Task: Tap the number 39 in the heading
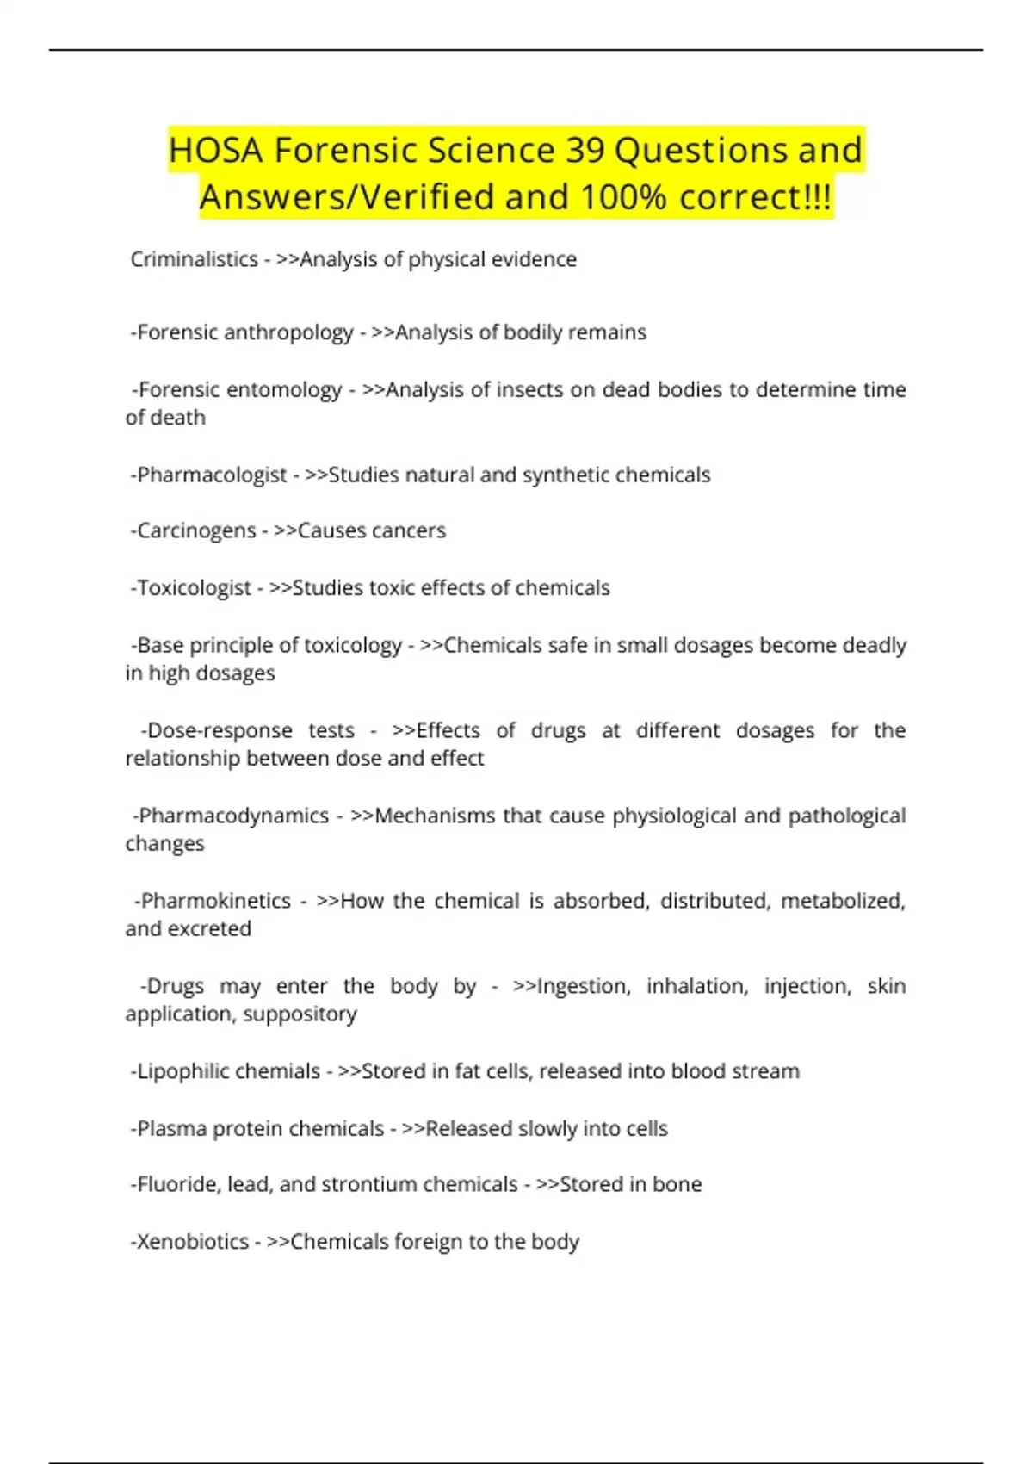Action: click(585, 151)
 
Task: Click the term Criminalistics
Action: click(194, 259)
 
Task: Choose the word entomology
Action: click(283, 390)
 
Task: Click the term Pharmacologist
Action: click(212, 475)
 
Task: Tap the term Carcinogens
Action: click(196, 530)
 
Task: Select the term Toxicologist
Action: click(194, 588)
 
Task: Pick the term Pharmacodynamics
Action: click(233, 816)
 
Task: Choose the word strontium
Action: click(376, 1185)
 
